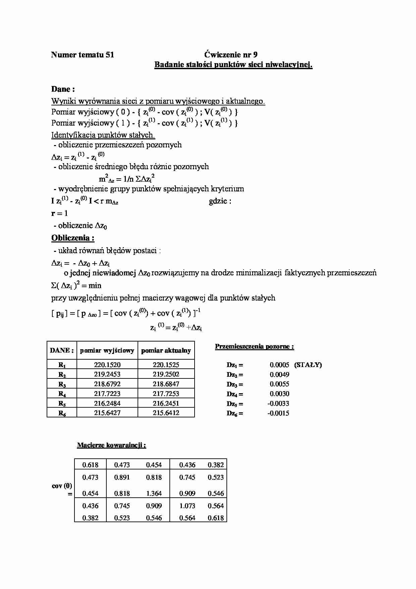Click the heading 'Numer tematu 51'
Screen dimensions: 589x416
83,55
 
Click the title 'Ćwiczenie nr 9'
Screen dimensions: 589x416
231,55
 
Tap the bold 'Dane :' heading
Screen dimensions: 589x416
63,89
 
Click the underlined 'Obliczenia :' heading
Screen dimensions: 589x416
73,238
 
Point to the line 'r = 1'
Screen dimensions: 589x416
59,213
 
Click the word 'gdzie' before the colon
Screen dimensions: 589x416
218,201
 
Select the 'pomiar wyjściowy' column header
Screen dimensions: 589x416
107,351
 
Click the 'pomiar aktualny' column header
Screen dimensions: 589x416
166,351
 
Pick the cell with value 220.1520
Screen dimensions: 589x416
107,365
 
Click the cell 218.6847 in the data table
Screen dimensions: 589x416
166,384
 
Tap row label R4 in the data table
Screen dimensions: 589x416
62,394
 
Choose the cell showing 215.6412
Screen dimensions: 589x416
166,413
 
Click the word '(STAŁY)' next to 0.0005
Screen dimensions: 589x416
308,365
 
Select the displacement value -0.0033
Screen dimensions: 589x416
278,403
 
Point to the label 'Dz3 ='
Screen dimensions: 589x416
235,384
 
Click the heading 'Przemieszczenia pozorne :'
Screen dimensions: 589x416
254,347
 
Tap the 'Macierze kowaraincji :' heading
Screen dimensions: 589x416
111,445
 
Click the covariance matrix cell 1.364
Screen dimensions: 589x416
154,493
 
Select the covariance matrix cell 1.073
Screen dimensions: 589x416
187,506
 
